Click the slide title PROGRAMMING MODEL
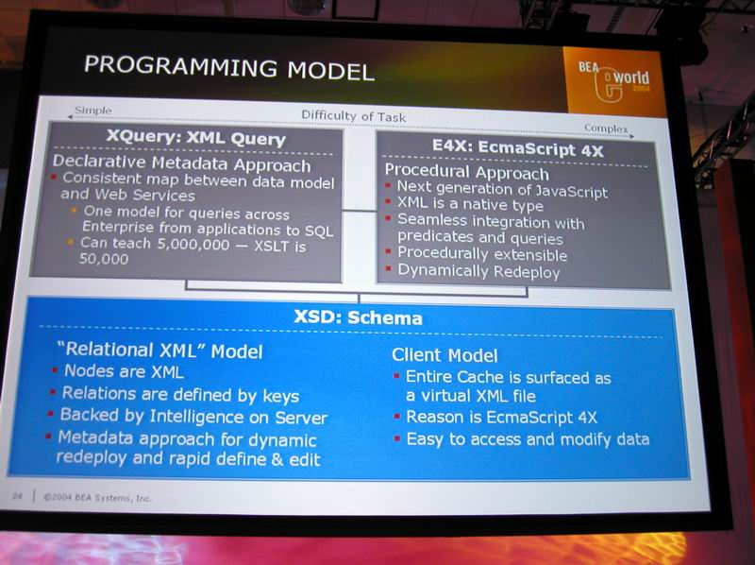[228, 68]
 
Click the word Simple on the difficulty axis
[93, 111]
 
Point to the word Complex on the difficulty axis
[606, 128]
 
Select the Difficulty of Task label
[353, 115]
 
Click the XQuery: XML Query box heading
[196, 137]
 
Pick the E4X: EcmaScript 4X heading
[517, 147]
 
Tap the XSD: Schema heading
[358, 317]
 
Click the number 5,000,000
[193, 245]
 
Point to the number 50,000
[104, 259]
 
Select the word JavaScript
[571, 192]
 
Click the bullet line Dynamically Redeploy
[478, 271]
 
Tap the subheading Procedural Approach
[466, 172]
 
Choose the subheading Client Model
[445, 355]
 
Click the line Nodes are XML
[124, 371]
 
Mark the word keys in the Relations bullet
[280, 396]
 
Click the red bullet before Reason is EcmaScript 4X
[396, 416]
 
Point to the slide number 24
[17, 495]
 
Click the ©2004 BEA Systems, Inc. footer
[98, 498]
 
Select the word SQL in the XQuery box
[319, 231]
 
